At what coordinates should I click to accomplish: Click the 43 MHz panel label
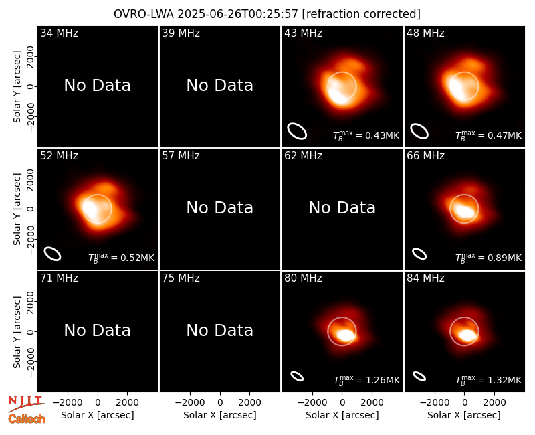click(x=303, y=33)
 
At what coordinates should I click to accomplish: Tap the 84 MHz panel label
click(x=425, y=278)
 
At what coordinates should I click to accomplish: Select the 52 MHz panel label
click(x=59, y=156)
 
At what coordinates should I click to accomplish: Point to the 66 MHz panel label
click(x=425, y=156)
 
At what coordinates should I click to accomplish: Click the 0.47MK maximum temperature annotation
click(x=489, y=135)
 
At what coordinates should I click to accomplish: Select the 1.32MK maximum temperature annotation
click(x=489, y=379)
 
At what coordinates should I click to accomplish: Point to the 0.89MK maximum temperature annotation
click(x=489, y=257)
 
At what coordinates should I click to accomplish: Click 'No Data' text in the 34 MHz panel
click(x=97, y=86)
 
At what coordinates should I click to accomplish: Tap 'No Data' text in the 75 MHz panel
click(x=220, y=330)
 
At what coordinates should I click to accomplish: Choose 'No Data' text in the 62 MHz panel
click(x=342, y=207)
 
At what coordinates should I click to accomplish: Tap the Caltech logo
click(x=27, y=419)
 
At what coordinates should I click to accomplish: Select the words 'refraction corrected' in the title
click(x=361, y=14)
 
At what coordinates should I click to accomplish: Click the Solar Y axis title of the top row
click(x=17, y=87)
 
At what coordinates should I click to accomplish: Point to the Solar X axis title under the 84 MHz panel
click(x=464, y=415)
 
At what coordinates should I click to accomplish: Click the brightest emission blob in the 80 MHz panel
click(x=345, y=335)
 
